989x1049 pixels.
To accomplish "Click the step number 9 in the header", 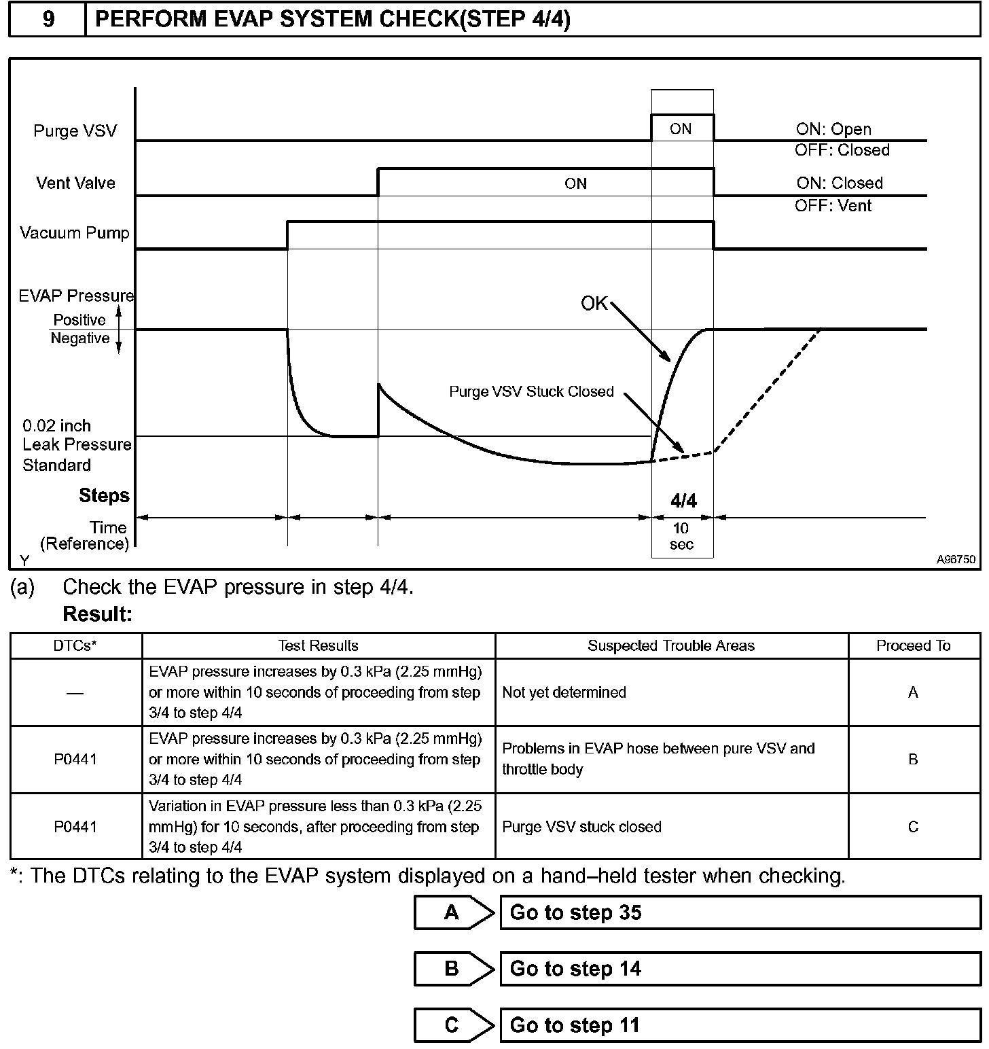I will (x=48, y=19).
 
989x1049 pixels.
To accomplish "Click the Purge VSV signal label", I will (x=75, y=130).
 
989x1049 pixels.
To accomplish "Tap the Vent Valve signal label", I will (x=75, y=183).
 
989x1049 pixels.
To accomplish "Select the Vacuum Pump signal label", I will (x=74, y=233).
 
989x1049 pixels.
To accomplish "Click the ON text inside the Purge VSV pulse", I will (x=681, y=128).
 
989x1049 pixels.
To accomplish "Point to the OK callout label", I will (x=594, y=303).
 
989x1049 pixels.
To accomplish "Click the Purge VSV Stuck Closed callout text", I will (x=531, y=391).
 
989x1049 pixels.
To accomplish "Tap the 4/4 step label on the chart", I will (x=683, y=501).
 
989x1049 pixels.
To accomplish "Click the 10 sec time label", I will (x=681, y=536).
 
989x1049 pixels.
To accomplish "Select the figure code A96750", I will (x=956, y=559).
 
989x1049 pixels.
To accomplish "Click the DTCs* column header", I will (x=75, y=645).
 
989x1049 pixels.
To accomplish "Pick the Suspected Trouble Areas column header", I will (x=671, y=645).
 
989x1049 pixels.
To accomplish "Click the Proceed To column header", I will (x=913, y=645).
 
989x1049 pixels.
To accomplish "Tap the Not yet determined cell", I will (x=564, y=692).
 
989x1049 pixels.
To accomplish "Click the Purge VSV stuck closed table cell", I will (x=581, y=827).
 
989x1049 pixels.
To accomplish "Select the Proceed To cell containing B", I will (x=913, y=759).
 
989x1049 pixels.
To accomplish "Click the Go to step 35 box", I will (x=739, y=912).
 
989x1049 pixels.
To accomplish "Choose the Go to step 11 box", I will (x=739, y=1025).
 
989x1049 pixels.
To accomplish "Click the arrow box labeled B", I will (x=452, y=969).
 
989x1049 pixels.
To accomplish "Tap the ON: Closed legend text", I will (x=840, y=183).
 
